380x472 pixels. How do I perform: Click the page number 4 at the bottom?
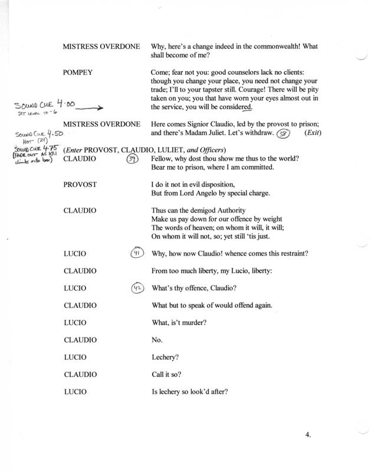[x=308, y=436]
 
